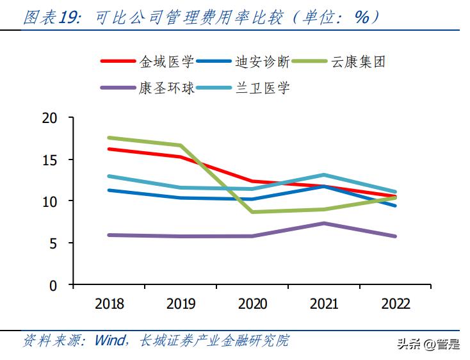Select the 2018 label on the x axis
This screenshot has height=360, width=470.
point(109,304)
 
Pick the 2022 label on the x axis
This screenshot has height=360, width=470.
point(395,304)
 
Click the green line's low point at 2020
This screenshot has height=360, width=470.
point(252,212)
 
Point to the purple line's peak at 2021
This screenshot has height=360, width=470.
point(324,223)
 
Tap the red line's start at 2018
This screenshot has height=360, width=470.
point(109,149)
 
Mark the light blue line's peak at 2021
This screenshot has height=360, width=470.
point(324,175)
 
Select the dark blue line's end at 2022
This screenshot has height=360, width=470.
point(395,206)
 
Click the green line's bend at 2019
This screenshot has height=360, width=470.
point(181,145)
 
